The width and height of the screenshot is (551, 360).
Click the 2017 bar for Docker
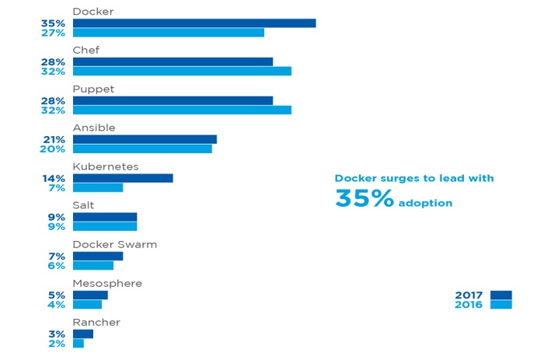click(194, 23)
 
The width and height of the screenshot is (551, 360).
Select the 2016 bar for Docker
click(169, 33)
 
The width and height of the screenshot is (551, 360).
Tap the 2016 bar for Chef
click(182, 72)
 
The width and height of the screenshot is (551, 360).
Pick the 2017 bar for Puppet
click(173, 100)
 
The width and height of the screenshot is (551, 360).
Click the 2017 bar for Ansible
click(145, 139)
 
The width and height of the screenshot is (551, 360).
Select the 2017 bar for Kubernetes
click(123, 178)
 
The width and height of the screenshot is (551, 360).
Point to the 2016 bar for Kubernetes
click(98, 187)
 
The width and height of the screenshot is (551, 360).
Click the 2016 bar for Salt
click(105, 226)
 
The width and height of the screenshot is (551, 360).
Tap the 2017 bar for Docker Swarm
click(98, 256)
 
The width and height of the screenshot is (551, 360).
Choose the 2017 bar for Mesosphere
click(90, 295)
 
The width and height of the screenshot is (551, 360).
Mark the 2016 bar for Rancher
click(78, 343)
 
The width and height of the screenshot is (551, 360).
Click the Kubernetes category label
click(106, 166)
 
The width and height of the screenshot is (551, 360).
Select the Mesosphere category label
click(107, 283)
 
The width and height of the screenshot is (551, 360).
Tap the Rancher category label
click(96, 322)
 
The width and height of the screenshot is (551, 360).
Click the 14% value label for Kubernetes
click(54, 178)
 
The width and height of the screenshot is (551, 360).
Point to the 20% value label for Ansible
click(53, 149)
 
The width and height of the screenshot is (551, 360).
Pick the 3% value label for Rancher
click(57, 334)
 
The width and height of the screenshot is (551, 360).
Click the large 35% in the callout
click(364, 198)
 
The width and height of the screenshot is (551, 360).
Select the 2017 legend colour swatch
click(501, 295)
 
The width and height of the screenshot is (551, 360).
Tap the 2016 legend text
click(469, 304)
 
